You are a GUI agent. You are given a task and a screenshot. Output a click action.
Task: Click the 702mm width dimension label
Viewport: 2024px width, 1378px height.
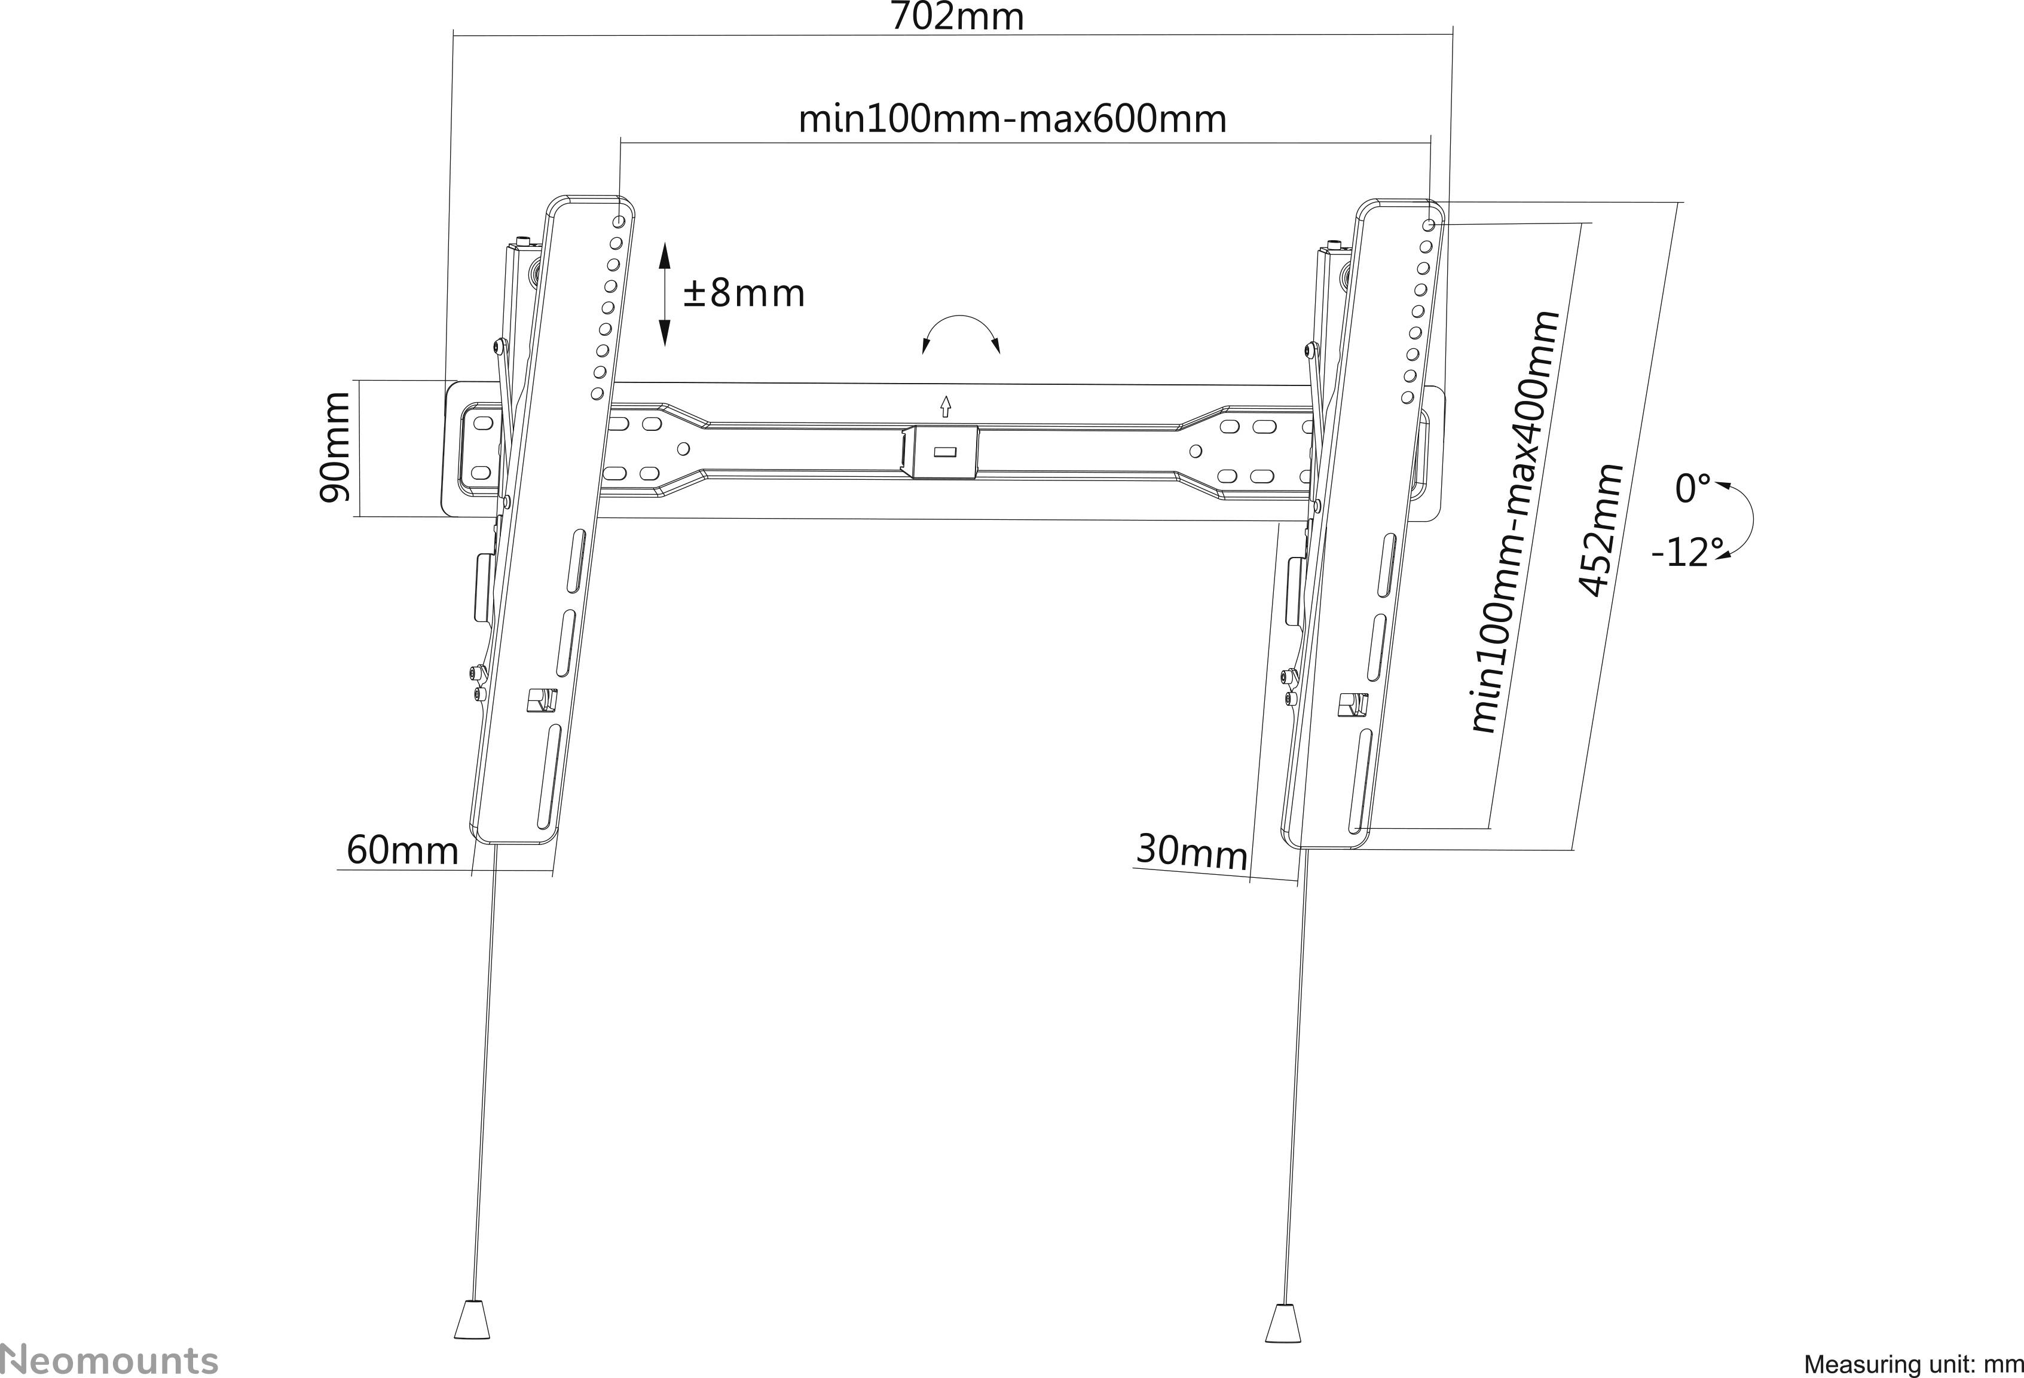tap(956, 17)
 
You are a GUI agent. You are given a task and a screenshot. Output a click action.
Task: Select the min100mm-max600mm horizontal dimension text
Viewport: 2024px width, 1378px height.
tap(1012, 120)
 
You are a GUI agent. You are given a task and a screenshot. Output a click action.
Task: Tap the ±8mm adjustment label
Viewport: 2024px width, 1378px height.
tap(744, 293)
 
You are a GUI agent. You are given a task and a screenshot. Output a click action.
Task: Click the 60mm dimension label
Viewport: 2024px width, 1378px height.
tap(402, 850)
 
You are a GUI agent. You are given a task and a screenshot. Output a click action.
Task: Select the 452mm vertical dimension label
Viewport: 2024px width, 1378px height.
tap(1601, 531)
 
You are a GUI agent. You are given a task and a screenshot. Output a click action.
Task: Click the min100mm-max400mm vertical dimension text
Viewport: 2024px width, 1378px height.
tap(1515, 522)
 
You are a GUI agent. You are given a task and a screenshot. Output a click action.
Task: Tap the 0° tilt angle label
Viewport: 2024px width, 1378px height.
tap(1692, 488)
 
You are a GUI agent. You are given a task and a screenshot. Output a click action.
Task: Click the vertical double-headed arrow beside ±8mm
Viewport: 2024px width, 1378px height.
tap(665, 294)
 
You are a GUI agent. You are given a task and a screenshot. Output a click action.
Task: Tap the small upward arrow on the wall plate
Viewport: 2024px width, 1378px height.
tap(945, 406)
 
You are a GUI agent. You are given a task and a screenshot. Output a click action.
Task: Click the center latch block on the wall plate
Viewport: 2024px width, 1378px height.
tap(943, 452)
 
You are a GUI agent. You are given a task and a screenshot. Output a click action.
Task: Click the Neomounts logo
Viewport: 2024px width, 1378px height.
tap(109, 1359)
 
